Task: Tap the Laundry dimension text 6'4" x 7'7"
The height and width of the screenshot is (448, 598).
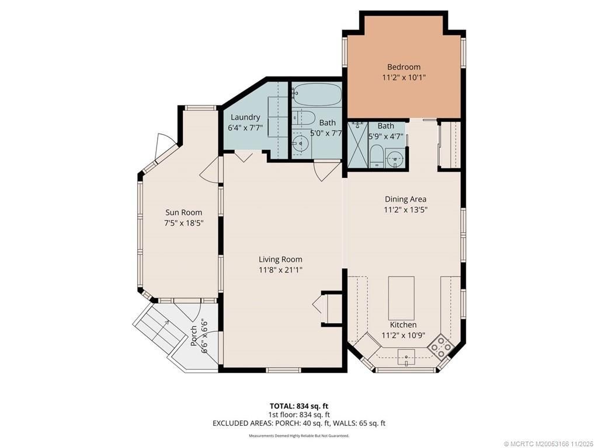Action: click(245, 128)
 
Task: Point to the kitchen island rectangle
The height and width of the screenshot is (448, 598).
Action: click(401, 296)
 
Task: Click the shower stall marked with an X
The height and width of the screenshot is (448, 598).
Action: click(357, 145)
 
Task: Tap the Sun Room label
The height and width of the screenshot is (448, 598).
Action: click(183, 212)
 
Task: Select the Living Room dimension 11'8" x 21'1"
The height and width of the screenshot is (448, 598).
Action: click(280, 269)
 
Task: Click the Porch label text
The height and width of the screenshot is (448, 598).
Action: click(194, 335)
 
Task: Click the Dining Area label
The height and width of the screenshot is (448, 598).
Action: click(405, 199)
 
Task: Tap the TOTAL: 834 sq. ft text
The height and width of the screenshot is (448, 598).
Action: click(298, 405)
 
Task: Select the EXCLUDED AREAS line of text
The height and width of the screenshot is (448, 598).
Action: click(298, 423)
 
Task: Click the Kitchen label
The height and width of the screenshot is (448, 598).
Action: click(403, 325)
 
